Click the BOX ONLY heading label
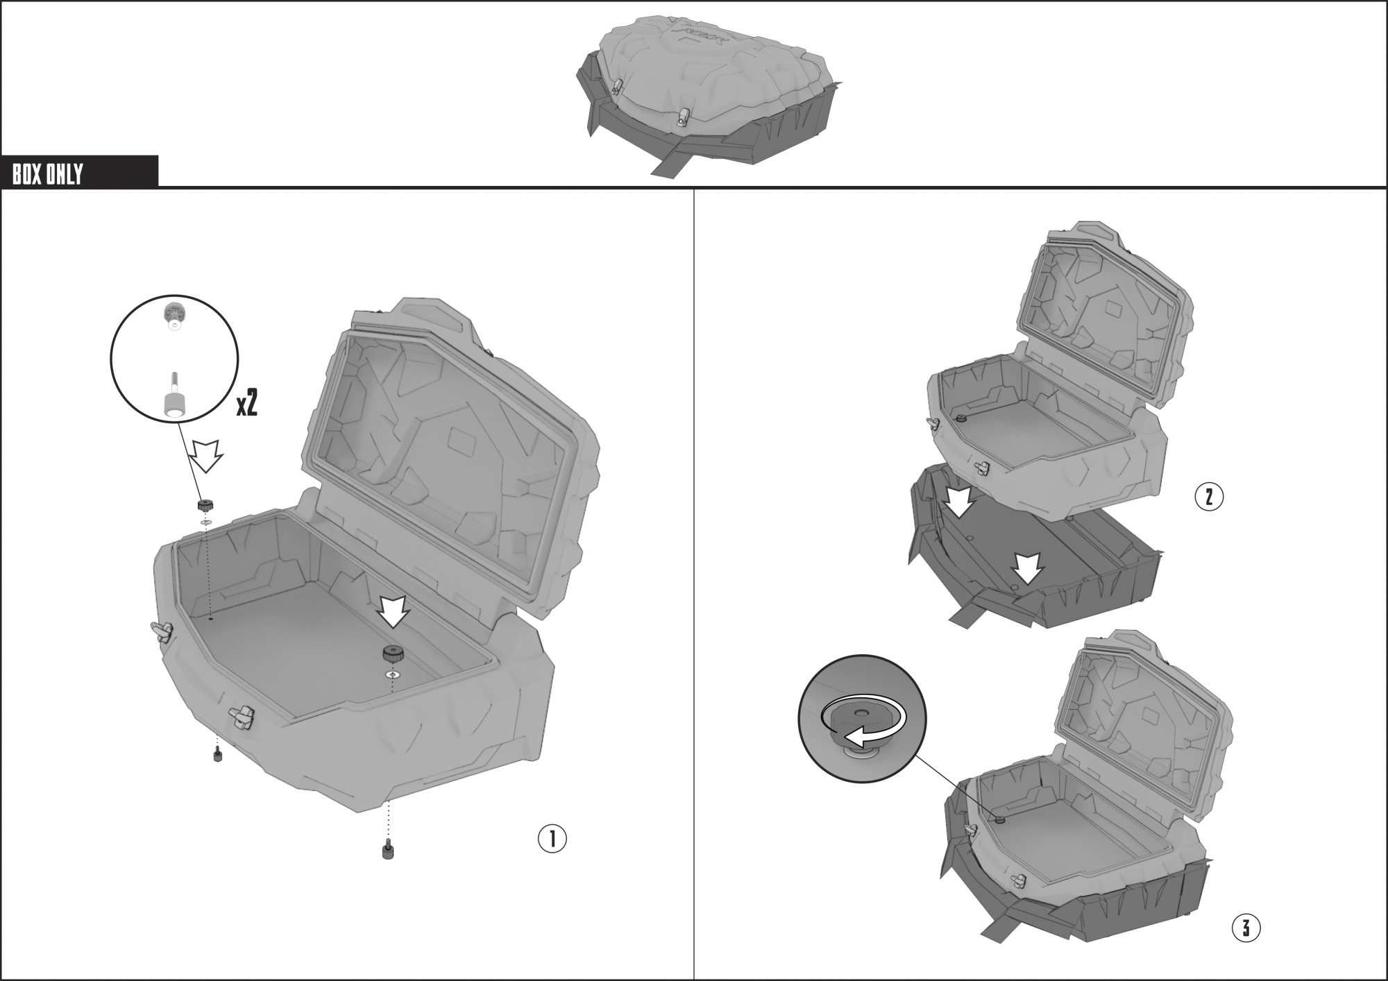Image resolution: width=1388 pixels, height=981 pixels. (x=47, y=173)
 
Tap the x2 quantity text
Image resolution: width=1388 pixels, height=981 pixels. (x=247, y=402)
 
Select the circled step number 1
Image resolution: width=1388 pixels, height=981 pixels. (x=552, y=838)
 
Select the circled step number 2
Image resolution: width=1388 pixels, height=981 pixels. (x=1209, y=497)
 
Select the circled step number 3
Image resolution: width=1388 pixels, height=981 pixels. (x=1246, y=928)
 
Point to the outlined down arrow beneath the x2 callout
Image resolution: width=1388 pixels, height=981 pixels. (x=206, y=455)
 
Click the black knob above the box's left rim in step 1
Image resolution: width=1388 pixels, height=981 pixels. (x=204, y=504)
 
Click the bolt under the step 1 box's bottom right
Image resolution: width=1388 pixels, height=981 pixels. (x=387, y=850)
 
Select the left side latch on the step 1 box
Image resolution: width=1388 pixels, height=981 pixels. (x=162, y=631)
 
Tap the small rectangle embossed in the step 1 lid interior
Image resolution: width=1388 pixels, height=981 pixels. (x=460, y=439)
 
